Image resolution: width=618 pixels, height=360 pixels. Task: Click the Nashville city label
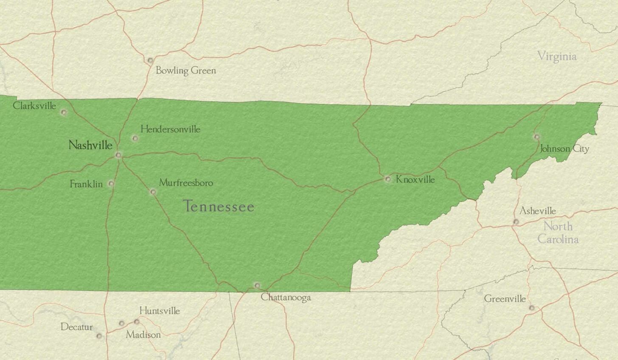90,145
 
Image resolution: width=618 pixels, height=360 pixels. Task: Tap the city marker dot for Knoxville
388,179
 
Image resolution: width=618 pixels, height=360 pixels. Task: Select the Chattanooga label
286,297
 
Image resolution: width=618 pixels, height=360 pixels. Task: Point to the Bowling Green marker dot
150,61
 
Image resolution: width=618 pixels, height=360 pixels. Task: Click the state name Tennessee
219,207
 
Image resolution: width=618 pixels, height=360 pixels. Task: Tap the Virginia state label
557,56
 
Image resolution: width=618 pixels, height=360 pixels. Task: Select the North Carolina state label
558,233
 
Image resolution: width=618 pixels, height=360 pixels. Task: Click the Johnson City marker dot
537,137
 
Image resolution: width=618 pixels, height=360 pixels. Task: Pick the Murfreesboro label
186,183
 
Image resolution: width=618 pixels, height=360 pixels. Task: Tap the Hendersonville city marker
135,138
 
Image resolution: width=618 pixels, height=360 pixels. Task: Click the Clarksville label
34,106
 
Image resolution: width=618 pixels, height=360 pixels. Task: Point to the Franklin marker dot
111,183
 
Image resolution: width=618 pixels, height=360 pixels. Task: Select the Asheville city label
537,211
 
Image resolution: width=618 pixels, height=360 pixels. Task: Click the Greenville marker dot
531,308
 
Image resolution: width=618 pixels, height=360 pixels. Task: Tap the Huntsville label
160,311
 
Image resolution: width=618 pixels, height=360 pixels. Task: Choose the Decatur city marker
99,336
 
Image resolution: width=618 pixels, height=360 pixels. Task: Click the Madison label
143,335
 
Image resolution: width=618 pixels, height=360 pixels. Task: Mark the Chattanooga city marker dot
257,285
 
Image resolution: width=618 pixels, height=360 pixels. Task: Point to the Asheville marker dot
516,222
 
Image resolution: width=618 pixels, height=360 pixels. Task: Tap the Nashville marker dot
118,155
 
